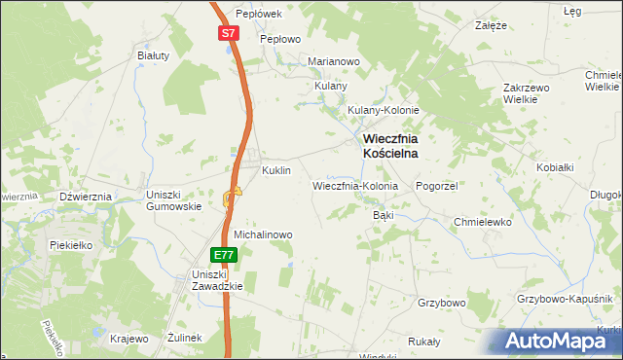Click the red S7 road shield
227,33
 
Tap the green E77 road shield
224,255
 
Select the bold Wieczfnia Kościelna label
391,146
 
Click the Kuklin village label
276,170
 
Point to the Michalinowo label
263,234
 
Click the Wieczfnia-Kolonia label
355,185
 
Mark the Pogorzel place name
436,185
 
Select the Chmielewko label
483,222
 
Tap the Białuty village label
154,55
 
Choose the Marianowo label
334,61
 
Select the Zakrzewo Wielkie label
528,93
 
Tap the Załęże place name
491,26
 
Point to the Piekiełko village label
70,245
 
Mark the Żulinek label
183,338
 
